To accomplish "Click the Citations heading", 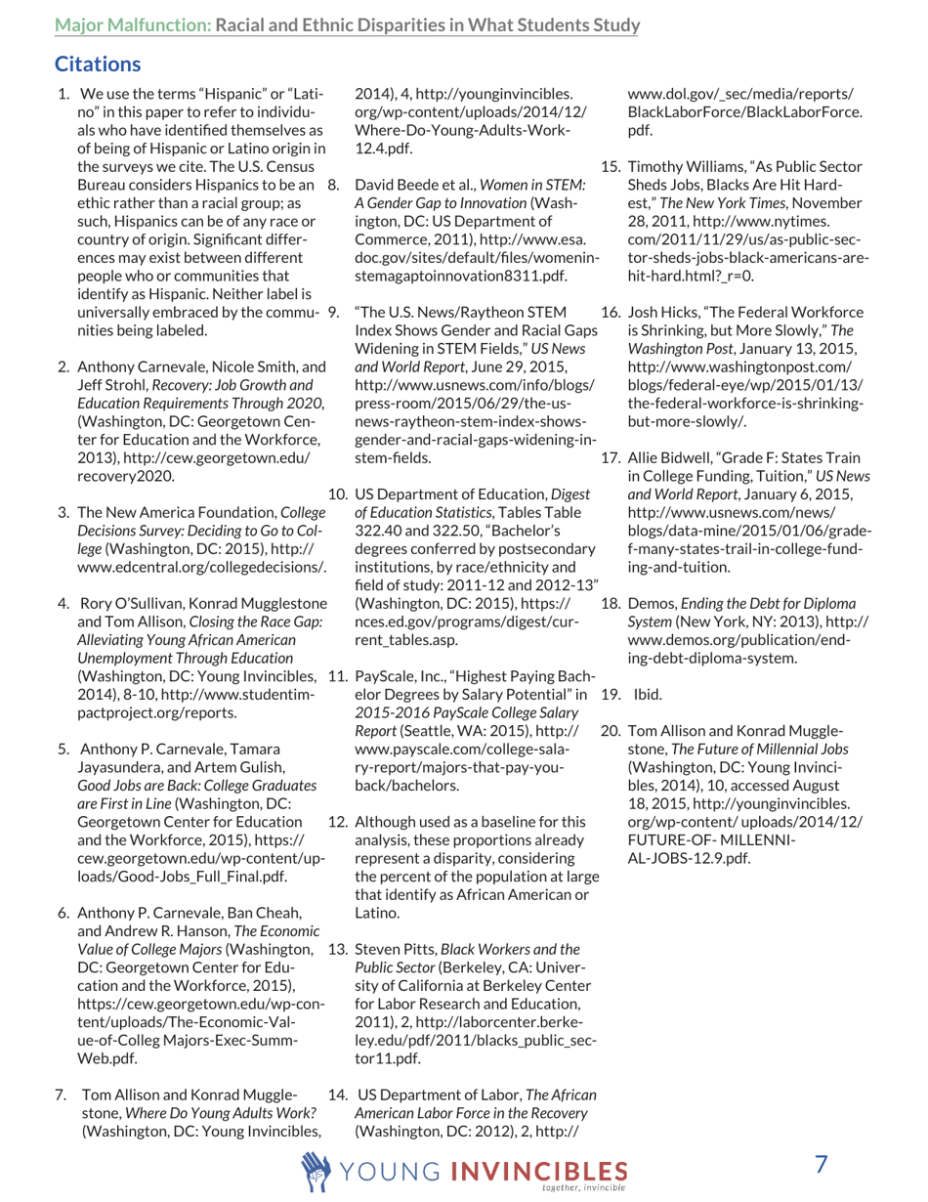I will click(98, 65).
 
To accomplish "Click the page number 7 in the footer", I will click(822, 1164).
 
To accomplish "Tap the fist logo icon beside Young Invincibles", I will click(318, 1169).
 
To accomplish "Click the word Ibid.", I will click(648, 696).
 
